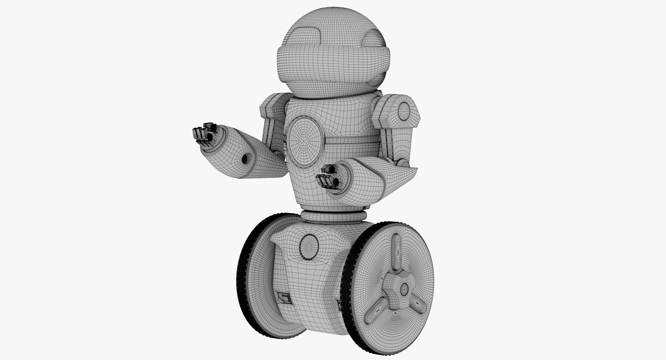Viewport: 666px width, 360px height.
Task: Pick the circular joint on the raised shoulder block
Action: [x=404, y=111]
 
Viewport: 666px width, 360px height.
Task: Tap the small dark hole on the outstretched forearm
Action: [x=245, y=159]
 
